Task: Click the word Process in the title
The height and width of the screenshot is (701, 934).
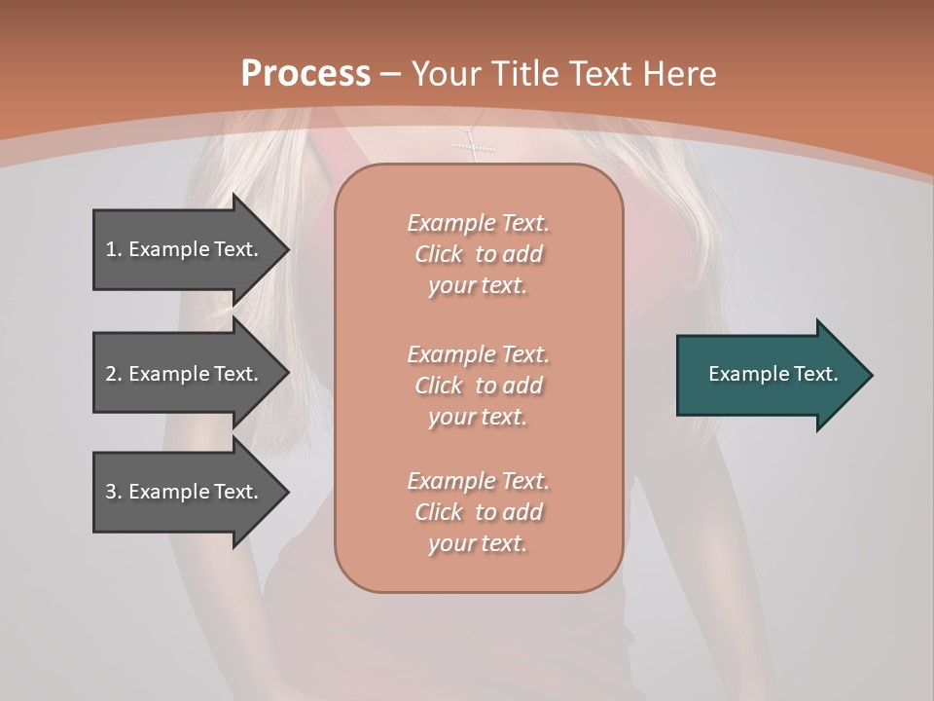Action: [305, 74]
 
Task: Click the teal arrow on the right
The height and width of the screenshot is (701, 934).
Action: [769, 374]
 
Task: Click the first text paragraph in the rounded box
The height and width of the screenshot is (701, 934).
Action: [478, 254]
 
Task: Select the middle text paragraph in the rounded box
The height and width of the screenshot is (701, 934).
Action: [478, 386]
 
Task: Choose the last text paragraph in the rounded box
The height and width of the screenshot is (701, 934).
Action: [478, 512]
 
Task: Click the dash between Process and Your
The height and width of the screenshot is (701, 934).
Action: [391, 74]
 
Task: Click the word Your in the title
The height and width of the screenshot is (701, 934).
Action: [447, 74]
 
